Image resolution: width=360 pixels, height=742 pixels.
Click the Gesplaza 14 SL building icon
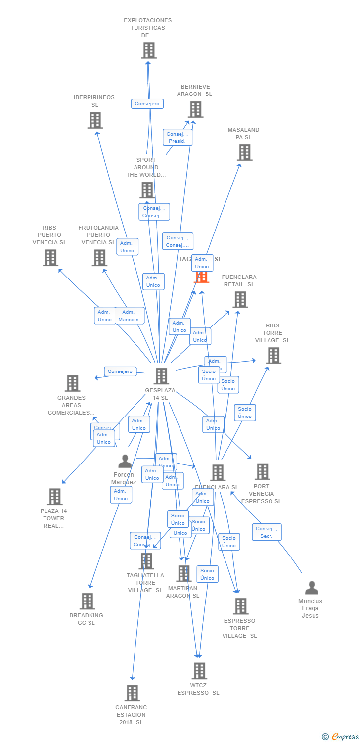point(161,376)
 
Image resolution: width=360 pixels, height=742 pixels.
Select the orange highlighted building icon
point(201,277)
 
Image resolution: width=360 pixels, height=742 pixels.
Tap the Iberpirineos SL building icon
point(95,120)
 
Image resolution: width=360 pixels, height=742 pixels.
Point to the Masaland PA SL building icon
point(245,152)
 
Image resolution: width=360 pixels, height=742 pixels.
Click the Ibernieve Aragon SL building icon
point(195,110)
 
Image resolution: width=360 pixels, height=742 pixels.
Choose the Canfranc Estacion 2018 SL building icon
point(132,693)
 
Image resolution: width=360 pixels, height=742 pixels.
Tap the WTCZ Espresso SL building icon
point(199,671)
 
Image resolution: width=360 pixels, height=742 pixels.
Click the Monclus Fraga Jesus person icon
point(312,588)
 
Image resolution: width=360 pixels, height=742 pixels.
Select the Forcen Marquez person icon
point(125,462)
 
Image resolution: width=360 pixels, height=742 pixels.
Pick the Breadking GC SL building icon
point(87,601)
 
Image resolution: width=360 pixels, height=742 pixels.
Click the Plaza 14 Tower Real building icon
point(54,497)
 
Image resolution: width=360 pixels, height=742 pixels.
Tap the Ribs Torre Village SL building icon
point(273,355)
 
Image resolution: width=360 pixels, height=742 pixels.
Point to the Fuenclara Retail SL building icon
point(240,299)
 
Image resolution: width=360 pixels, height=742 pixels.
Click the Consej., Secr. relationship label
point(267,532)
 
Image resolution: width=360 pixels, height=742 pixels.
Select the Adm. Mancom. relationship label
point(130,316)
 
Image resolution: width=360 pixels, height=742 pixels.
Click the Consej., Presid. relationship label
point(177,138)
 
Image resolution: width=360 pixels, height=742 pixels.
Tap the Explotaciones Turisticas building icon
point(148,50)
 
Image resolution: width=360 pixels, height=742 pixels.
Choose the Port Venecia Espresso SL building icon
point(262,471)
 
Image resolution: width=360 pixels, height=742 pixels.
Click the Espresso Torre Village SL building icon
point(240,606)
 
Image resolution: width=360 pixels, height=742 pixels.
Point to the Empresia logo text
point(345,737)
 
